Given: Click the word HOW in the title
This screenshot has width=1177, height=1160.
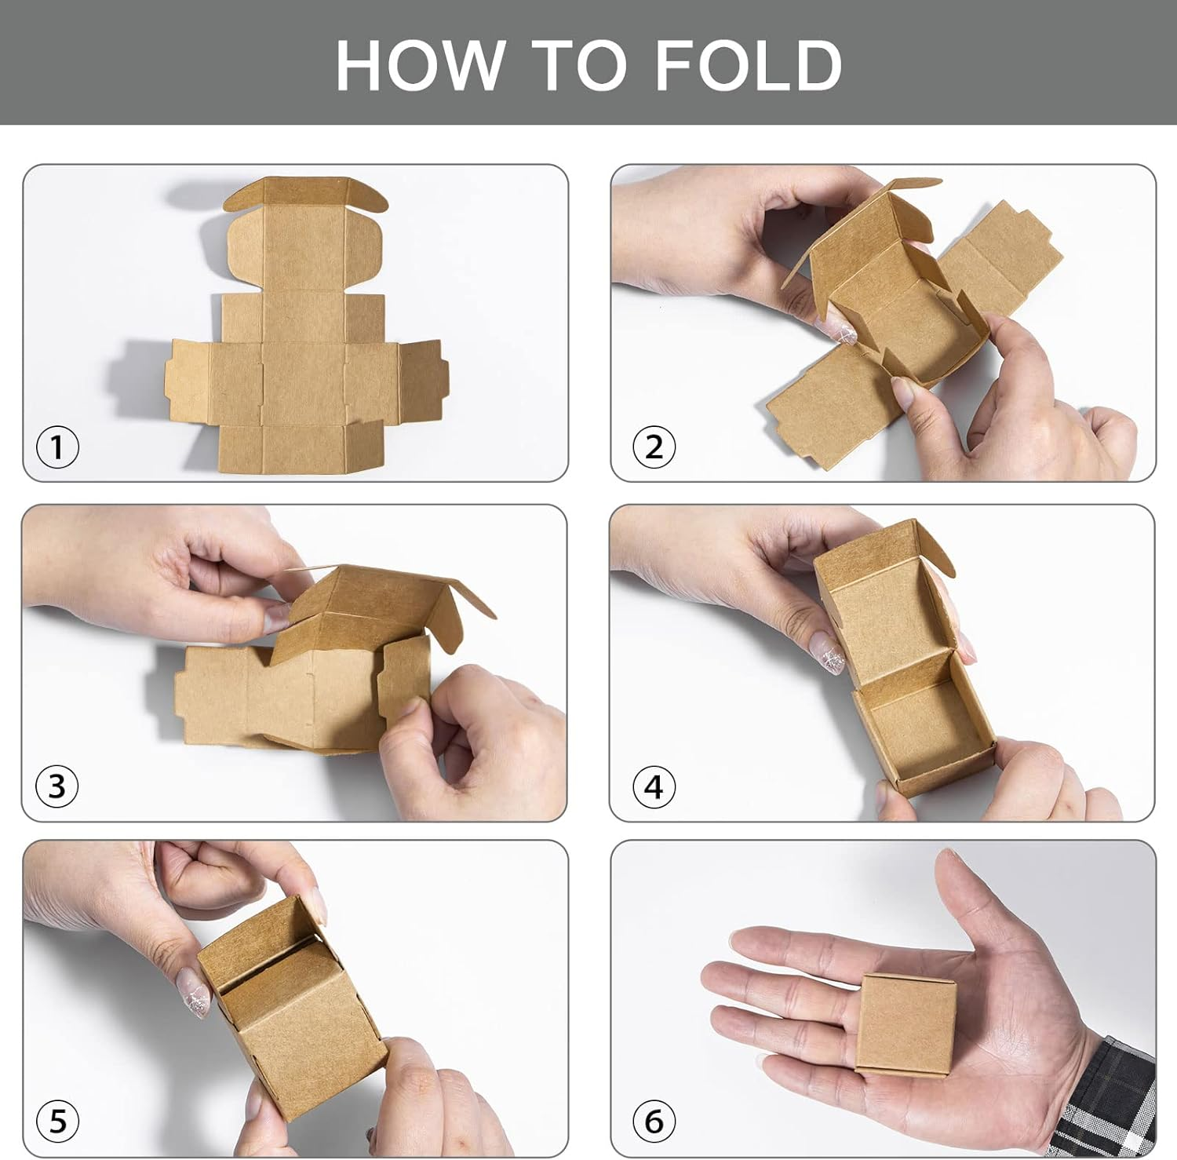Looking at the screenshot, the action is [x=421, y=64].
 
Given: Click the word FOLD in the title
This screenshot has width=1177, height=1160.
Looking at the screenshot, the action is [x=749, y=64].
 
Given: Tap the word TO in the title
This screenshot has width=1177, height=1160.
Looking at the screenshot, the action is [x=580, y=64].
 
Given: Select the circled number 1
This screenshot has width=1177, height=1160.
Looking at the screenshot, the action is [x=57, y=448].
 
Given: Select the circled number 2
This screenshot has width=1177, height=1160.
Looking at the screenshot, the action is [x=654, y=447].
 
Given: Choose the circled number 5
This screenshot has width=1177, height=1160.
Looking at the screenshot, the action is [x=57, y=1121].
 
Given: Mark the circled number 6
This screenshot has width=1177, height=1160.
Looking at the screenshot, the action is [x=654, y=1121].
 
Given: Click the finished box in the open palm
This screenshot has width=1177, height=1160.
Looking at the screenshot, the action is [x=907, y=1024].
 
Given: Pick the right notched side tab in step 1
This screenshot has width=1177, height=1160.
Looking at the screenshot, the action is [x=422, y=381].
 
